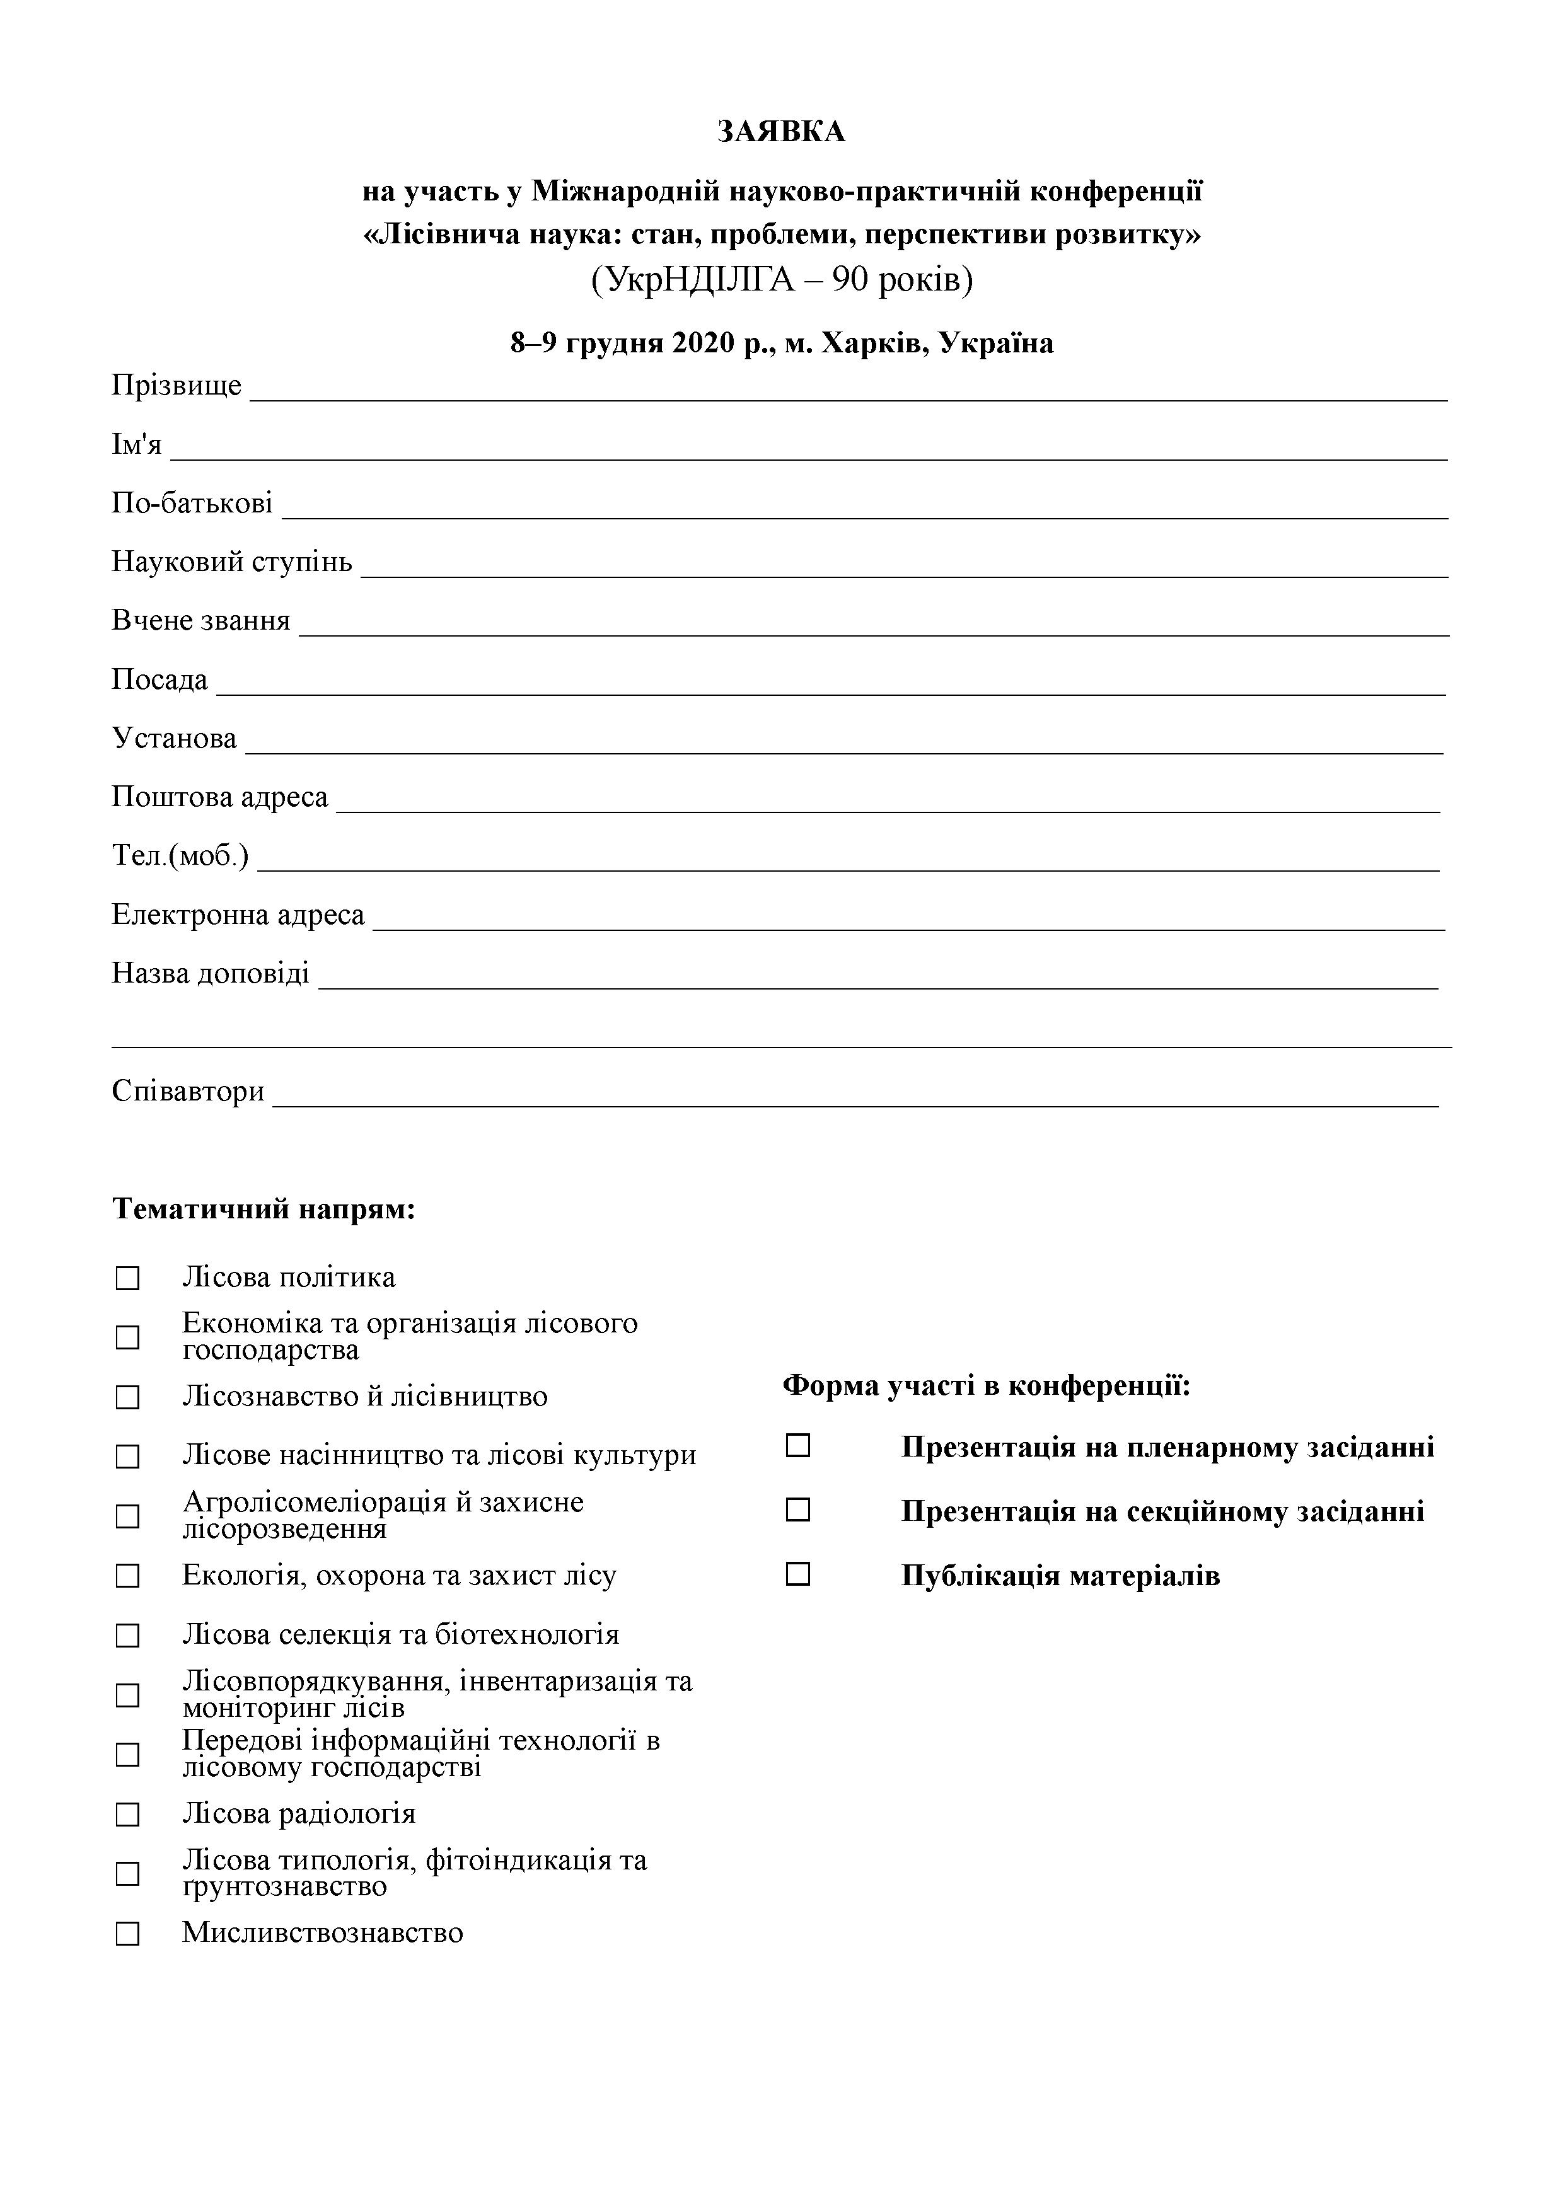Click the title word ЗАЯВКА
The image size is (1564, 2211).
(781, 132)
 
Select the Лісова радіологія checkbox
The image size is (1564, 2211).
(128, 1815)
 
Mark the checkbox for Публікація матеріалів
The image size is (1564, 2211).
(797, 1574)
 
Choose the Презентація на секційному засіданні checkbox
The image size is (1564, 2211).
(797, 1510)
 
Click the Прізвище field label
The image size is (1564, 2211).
(177, 385)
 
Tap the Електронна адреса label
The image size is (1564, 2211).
(238, 914)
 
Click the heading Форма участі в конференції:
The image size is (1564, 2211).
(986, 1386)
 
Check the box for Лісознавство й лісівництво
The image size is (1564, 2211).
(128, 1397)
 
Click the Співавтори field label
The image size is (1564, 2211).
(188, 1091)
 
